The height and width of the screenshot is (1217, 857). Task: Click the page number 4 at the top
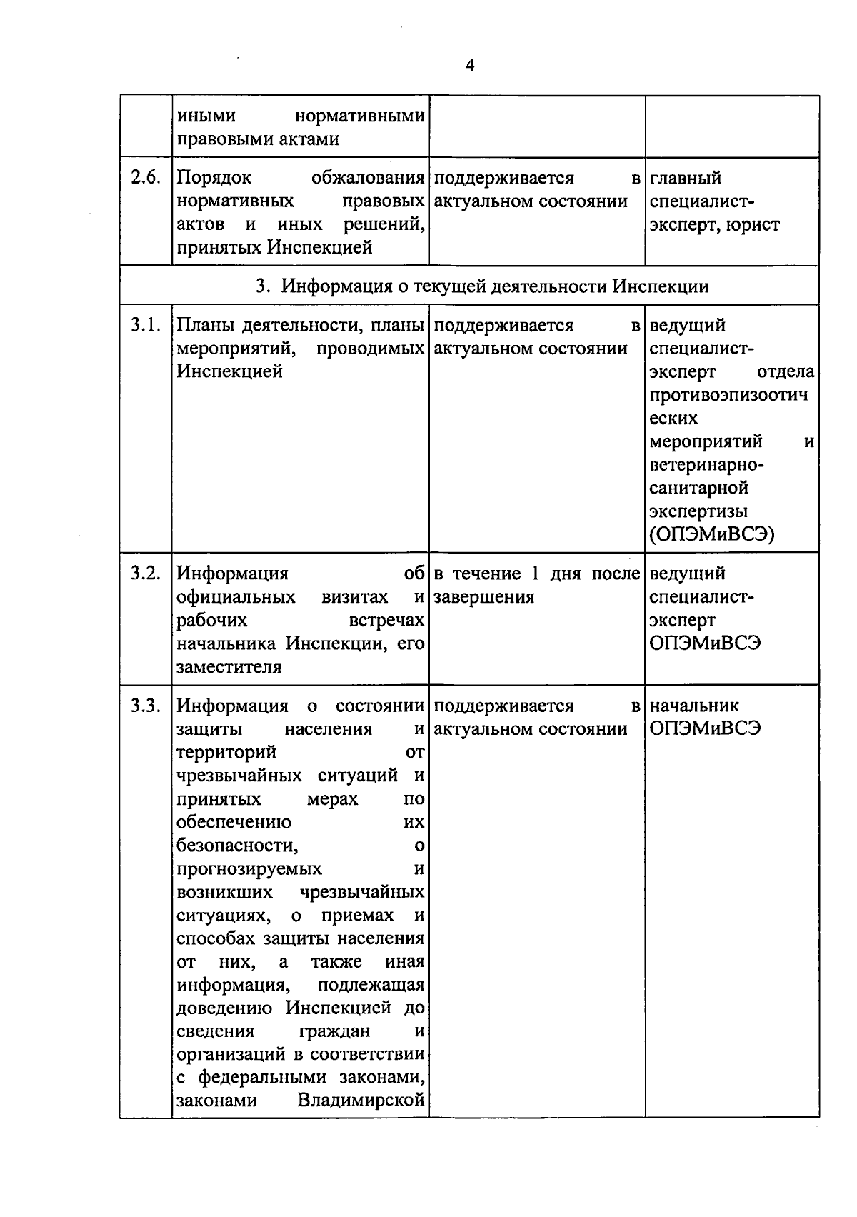[469, 66]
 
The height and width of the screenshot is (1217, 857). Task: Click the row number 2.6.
[146, 178]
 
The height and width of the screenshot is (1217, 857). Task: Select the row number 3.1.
[146, 326]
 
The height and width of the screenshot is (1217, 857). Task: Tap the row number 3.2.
[146, 574]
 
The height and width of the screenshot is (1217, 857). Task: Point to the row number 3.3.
[146, 706]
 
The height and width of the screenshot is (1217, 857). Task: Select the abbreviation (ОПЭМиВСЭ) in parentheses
[712, 535]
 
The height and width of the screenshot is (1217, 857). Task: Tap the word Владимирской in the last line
[361, 1101]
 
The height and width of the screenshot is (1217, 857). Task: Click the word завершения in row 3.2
[484, 597]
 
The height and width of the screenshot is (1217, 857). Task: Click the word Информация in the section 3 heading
[329, 286]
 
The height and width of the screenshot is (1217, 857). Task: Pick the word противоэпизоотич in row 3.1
[728, 395]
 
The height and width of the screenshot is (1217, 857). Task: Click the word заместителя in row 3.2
[229, 667]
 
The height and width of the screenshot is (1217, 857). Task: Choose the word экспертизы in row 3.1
[698, 511]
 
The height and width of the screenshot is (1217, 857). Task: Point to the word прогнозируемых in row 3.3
[249, 869]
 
